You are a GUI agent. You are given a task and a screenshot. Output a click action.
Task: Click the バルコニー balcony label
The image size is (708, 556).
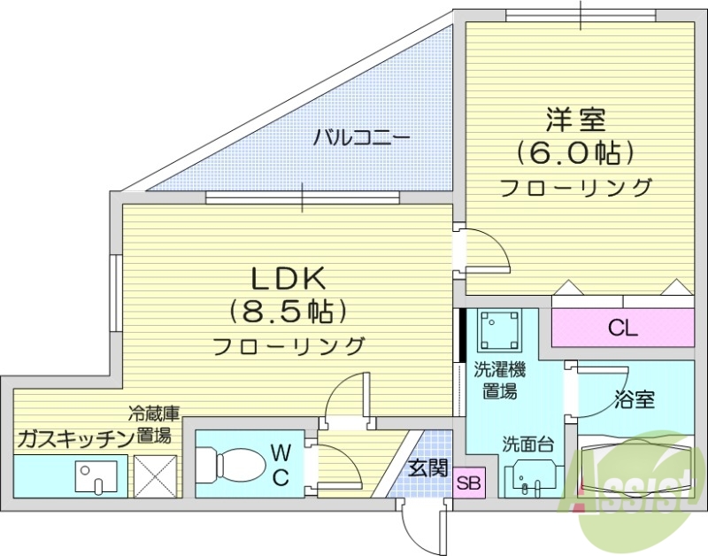tap(361, 138)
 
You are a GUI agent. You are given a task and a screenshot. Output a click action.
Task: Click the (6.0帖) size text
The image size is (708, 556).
tap(576, 153)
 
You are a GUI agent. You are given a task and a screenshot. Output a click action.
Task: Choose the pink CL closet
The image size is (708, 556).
tap(622, 328)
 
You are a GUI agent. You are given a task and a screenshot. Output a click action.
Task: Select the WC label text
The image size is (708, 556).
tap(280, 466)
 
